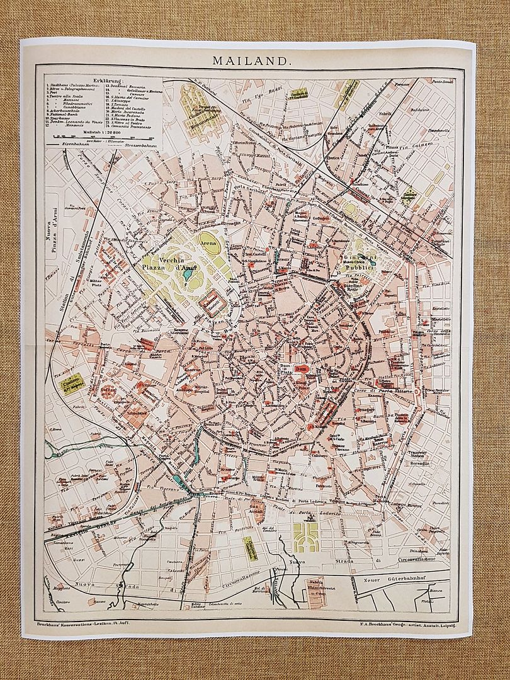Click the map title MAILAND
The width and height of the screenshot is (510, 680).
[x=251, y=61]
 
